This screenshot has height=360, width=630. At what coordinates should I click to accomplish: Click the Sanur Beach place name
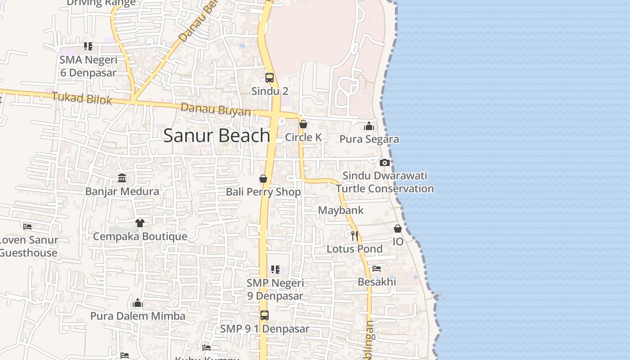click(216, 135)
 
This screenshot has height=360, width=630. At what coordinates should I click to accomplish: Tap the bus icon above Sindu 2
click(270, 77)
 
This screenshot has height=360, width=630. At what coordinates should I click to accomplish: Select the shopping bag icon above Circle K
click(303, 124)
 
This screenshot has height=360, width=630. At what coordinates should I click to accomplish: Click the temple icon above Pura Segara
click(369, 126)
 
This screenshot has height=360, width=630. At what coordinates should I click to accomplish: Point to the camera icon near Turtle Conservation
click(384, 162)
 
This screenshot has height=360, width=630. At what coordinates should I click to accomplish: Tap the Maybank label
click(341, 210)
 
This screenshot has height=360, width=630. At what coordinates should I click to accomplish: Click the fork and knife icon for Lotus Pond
click(355, 235)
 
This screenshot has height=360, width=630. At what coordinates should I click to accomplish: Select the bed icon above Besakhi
click(377, 269)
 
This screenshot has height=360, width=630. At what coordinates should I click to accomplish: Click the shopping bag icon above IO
click(398, 229)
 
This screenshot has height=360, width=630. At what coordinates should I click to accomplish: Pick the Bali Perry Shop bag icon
click(263, 179)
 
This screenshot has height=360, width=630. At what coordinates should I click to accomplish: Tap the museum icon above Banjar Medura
click(122, 178)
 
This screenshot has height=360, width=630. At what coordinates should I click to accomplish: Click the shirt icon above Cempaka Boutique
click(139, 223)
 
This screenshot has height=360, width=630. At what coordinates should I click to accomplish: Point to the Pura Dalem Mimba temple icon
click(138, 303)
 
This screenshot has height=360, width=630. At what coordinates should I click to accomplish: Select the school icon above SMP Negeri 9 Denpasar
click(275, 270)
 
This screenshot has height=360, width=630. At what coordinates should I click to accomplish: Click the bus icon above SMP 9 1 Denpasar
click(265, 315)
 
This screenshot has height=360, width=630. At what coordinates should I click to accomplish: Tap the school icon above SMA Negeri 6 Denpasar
click(88, 46)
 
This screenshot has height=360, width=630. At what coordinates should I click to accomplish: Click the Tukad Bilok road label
click(81, 98)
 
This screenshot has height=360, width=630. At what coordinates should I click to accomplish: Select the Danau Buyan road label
click(216, 109)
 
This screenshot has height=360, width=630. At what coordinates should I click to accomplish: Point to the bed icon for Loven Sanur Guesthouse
click(28, 226)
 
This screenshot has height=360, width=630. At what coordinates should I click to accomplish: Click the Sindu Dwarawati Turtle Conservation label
click(385, 182)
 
